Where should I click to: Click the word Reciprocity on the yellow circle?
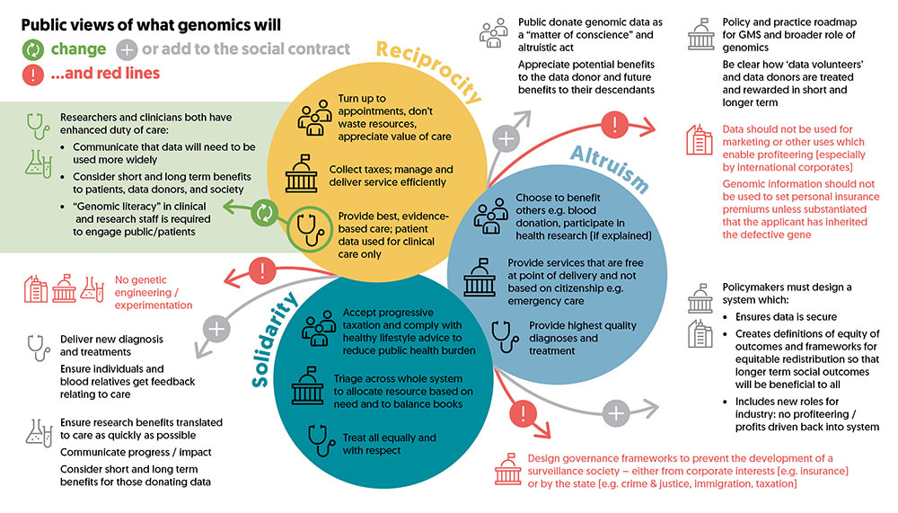coord(428,70)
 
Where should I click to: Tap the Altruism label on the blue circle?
coord(611,168)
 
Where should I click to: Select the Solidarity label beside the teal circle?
coord(274,340)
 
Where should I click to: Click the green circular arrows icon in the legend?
coord(33,50)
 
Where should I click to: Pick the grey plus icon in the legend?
coord(127,50)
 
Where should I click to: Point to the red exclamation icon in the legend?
coord(33,75)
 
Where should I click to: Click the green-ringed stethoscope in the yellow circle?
coord(310,229)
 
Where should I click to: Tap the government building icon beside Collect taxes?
coord(301,173)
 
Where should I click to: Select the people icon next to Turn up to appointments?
coord(314,118)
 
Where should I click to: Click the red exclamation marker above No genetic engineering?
coord(262,270)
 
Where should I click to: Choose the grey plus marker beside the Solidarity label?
coord(216,329)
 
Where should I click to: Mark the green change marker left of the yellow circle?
coord(265,213)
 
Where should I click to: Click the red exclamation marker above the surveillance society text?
coord(523,412)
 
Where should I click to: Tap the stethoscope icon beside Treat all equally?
coord(321,440)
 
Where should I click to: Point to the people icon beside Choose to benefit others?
coord(491,216)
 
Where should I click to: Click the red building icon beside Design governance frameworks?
coord(507,470)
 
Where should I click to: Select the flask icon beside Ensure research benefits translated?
coord(39,433)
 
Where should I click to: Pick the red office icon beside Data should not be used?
coord(700,139)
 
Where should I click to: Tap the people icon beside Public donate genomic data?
coord(494,32)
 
